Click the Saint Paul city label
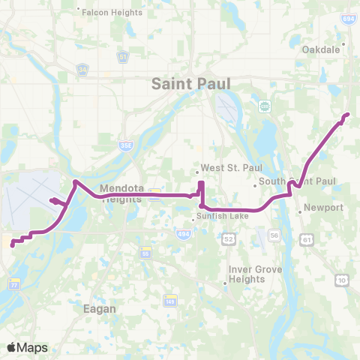click(x=190, y=83)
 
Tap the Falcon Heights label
click(x=104, y=10)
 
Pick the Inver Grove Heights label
click(x=247, y=274)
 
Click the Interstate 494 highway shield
click(x=184, y=235)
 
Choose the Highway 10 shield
click(x=341, y=280)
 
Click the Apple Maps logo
click(x=28, y=347)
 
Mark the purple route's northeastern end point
click(x=346, y=115)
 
